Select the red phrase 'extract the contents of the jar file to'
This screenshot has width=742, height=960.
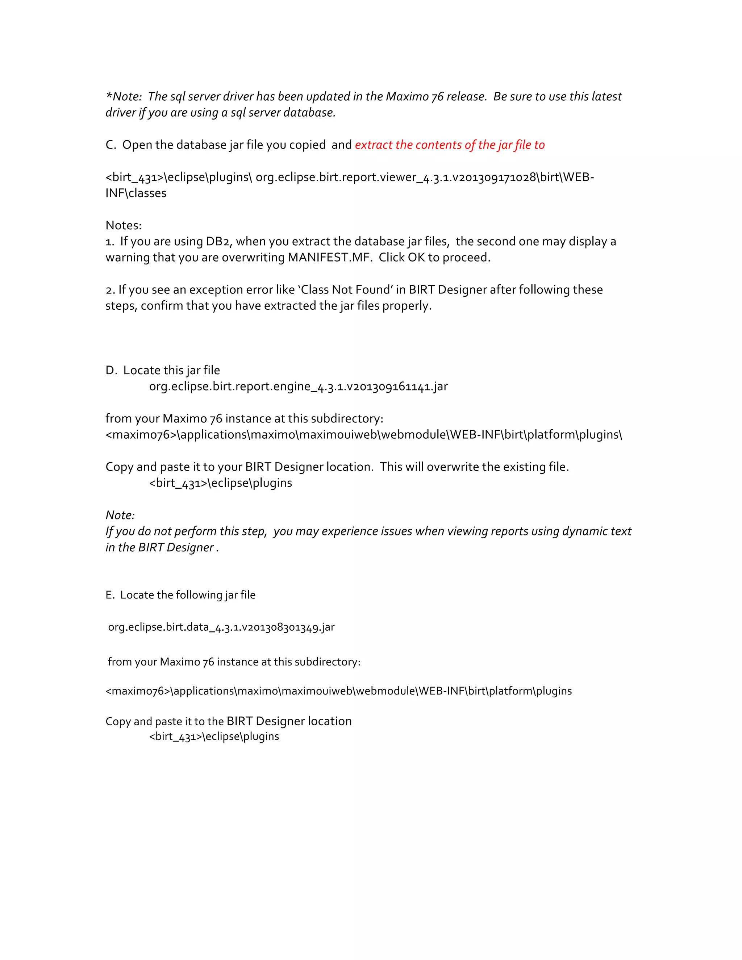(x=450, y=145)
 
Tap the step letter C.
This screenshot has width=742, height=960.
(x=110, y=145)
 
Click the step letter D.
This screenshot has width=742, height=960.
(x=111, y=371)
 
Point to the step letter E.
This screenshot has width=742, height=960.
(x=109, y=595)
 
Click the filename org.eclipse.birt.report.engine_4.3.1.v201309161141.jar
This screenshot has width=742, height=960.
(x=299, y=387)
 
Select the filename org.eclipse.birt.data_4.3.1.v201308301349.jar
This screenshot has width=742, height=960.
(x=221, y=627)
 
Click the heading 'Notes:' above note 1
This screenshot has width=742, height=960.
(x=124, y=225)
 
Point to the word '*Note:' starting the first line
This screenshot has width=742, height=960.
(x=124, y=97)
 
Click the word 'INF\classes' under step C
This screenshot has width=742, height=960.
(x=136, y=193)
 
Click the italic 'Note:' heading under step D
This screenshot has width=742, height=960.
(x=120, y=515)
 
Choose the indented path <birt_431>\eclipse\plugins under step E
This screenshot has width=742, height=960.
(x=214, y=737)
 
